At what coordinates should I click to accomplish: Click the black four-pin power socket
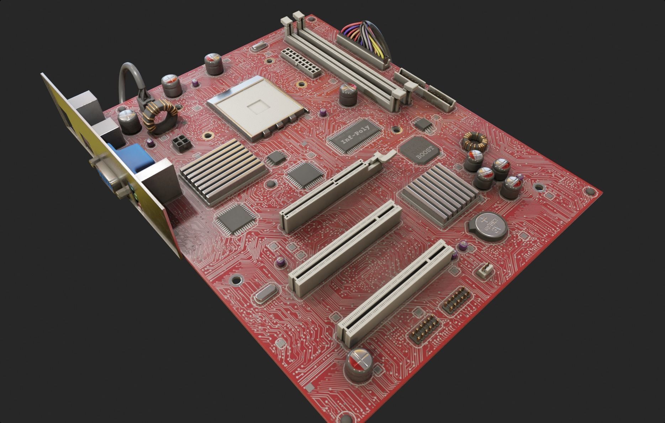tap(181, 144)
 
